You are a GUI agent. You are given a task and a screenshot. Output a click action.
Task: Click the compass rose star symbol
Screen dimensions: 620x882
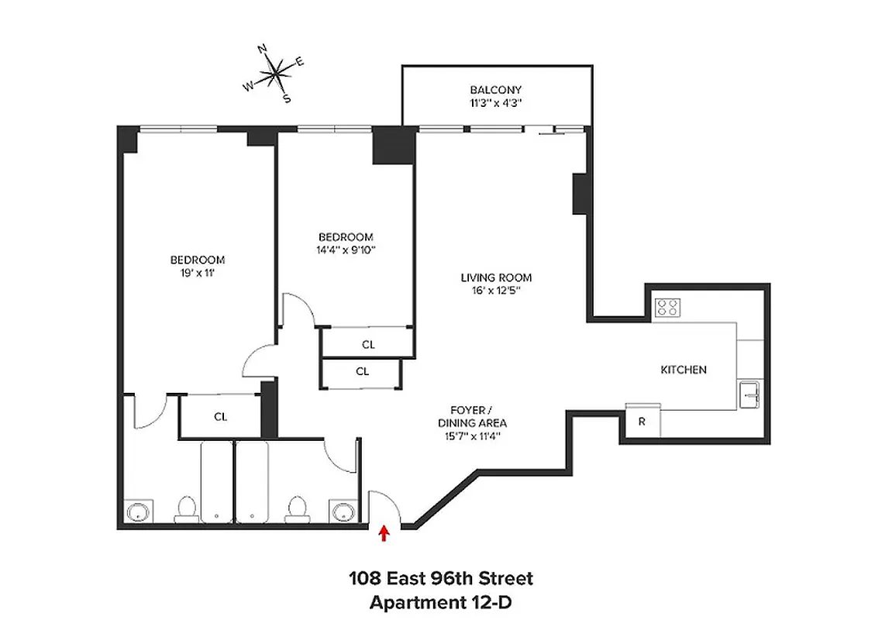coord(275,74)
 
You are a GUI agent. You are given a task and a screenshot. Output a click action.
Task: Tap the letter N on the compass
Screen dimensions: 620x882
coord(263,50)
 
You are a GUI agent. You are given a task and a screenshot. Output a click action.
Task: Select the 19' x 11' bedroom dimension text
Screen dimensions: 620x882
coord(198,273)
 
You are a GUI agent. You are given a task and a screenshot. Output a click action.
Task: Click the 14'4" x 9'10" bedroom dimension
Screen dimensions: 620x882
coord(346,250)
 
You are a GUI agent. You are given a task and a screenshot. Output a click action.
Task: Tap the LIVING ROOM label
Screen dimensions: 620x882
coord(496,277)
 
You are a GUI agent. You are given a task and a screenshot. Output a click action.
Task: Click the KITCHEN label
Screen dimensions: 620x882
coord(683,370)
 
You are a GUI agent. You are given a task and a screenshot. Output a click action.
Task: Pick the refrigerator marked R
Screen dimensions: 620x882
coord(643,422)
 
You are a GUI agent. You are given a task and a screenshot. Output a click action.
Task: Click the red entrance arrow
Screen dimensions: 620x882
coord(383,533)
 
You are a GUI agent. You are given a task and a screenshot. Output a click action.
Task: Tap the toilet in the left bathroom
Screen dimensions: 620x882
coord(185,508)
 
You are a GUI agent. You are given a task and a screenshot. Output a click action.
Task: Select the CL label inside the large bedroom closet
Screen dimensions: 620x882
coord(221,417)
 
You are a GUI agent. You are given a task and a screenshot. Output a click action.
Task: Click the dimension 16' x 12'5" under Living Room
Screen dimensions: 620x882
coord(496,291)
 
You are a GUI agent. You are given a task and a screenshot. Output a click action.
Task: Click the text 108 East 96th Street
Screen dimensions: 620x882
coord(440,578)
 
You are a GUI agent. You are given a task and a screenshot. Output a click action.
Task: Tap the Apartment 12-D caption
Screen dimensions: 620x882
coord(440,601)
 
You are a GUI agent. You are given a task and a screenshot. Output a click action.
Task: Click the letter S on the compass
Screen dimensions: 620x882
coord(286,98)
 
